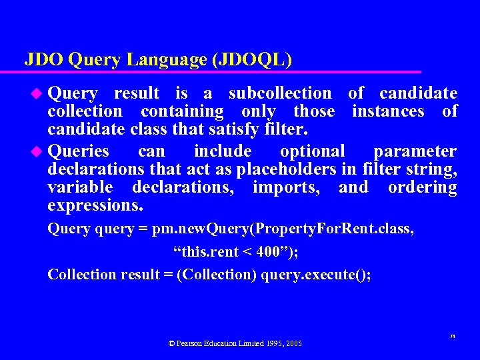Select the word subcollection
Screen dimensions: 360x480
[279, 93]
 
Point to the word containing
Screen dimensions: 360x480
[182, 111]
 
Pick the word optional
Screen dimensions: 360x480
[313, 151]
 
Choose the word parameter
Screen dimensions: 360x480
[415, 151]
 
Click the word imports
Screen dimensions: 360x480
[286, 187]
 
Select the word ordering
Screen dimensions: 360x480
[422, 187]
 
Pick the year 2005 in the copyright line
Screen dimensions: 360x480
[293, 343]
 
